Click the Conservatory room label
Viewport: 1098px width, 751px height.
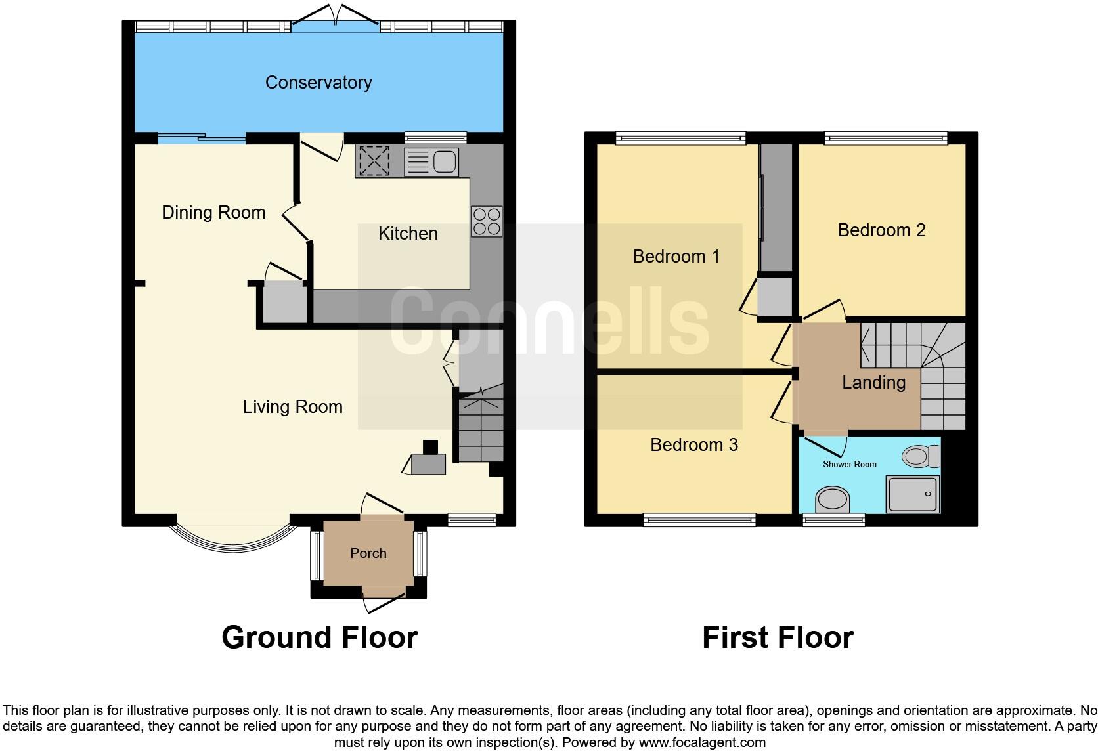point(318,83)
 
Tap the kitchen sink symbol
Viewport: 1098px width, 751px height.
point(431,161)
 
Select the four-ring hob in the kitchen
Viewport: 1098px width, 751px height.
point(487,221)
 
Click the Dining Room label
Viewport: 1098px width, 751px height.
point(213,213)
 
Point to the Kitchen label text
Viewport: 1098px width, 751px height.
point(408,234)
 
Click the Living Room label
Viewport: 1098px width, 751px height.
point(293,407)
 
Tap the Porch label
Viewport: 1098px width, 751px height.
point(368,553)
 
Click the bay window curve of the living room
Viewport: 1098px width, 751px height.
point(233,544)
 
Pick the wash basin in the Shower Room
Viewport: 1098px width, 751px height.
point(832,500)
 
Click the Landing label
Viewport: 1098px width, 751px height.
point(873,383)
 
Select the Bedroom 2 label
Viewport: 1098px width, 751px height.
point(881,230)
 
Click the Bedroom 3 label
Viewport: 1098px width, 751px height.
point(693,445)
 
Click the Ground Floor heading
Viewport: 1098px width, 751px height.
point(319,637)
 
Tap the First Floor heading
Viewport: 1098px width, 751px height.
point(778,637)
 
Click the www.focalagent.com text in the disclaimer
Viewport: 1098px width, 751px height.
point(702,743)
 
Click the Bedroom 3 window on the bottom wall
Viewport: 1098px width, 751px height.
point(699,521)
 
